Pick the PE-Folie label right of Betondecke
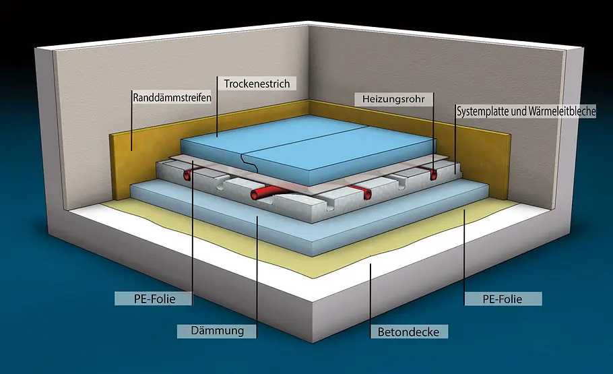pos(502,298)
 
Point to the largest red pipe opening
pos(257,195)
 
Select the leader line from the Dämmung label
pos(257,270)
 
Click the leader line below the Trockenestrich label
pos(217,115)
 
